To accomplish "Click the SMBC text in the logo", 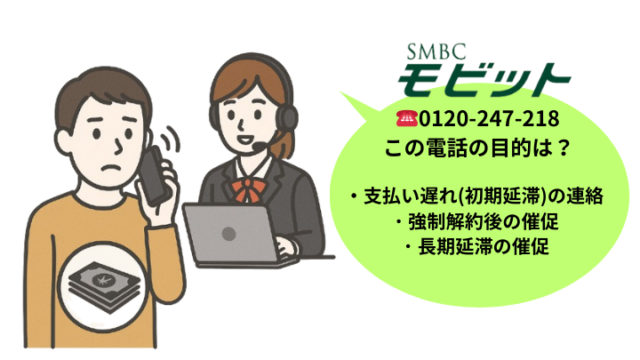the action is click(x=436, y=52).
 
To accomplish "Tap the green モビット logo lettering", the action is click(x=484, y=80).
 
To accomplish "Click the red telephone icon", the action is click(x=406, y=119).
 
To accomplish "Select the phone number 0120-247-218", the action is click(x=489, y=119).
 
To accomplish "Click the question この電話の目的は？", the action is click(x=477, y=148).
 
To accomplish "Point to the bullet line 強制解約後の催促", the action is click(x=476, y=222).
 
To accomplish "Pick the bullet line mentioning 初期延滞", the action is click(x=476, y=196).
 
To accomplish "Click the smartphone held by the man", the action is click(x=153, y=175).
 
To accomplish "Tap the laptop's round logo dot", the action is click(x=228, y=234).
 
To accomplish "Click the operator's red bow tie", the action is click(x=245, y=189).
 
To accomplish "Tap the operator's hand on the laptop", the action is click(x=284, y=246).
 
